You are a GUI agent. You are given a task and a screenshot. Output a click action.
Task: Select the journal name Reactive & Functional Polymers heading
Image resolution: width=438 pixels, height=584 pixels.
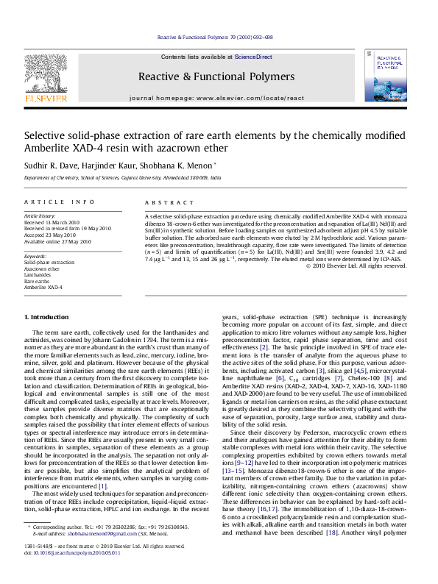click(x=216, y=76)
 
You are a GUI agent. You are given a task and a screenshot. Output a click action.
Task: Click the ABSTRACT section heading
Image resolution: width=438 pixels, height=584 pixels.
click(x=163, y=202)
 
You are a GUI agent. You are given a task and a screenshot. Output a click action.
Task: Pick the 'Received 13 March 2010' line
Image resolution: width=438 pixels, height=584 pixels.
click(x=52, y=222)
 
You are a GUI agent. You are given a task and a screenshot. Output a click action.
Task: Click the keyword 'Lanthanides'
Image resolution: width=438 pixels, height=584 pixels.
click(x=38, y=274)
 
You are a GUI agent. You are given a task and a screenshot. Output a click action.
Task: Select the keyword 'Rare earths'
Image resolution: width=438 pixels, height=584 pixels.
click(x=37, y=281)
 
